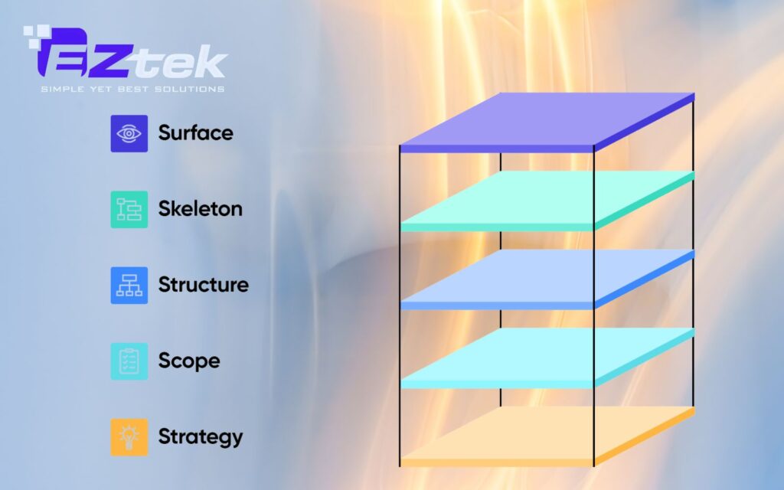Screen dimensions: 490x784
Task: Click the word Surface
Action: tap(195, 132)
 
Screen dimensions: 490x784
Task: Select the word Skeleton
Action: tap(200, 208)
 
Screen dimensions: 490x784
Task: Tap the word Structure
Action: tap(203, 285)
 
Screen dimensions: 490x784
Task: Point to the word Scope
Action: tap(188, 361)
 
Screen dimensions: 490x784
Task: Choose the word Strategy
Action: tap(200, 437)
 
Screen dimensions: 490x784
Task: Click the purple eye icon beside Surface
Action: tap(129, 133)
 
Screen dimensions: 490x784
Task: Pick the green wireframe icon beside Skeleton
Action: tap(129, 209)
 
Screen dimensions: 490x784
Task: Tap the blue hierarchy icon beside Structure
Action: tap(129, 285)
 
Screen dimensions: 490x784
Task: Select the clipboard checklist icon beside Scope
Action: tap(129, 361)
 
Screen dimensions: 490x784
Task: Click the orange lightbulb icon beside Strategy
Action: tap(129, 437)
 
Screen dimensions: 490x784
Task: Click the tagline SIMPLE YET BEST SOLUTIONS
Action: tap(132, 89)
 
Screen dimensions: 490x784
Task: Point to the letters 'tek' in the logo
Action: tap(192, 63)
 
